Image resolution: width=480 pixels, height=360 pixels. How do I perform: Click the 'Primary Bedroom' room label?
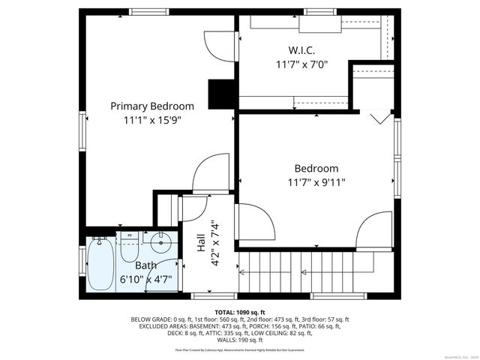pos(152,106)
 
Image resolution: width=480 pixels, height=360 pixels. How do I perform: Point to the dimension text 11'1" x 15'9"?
pos(152,119)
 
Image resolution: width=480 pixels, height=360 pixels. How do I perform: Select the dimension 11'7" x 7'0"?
pos(301,65)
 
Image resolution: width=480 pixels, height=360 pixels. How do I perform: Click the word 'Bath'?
pos(146,265)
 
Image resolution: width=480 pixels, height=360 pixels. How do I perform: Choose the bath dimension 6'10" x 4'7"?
pos(146,279)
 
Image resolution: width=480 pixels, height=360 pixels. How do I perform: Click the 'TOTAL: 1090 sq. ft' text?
pos(240,311)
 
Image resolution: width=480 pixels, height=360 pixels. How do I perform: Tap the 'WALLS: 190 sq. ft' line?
pos(240,339)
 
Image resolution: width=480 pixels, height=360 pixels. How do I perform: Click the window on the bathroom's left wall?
pos(82,259)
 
